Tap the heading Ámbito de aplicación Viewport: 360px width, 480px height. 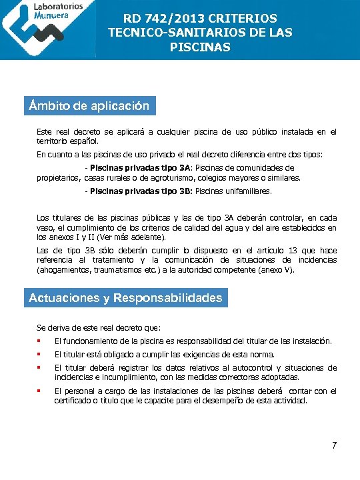[x=89, y=106]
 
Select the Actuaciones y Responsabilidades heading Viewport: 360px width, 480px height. [x=125, y=298]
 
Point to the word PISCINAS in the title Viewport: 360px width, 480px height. [x=200, y=47]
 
